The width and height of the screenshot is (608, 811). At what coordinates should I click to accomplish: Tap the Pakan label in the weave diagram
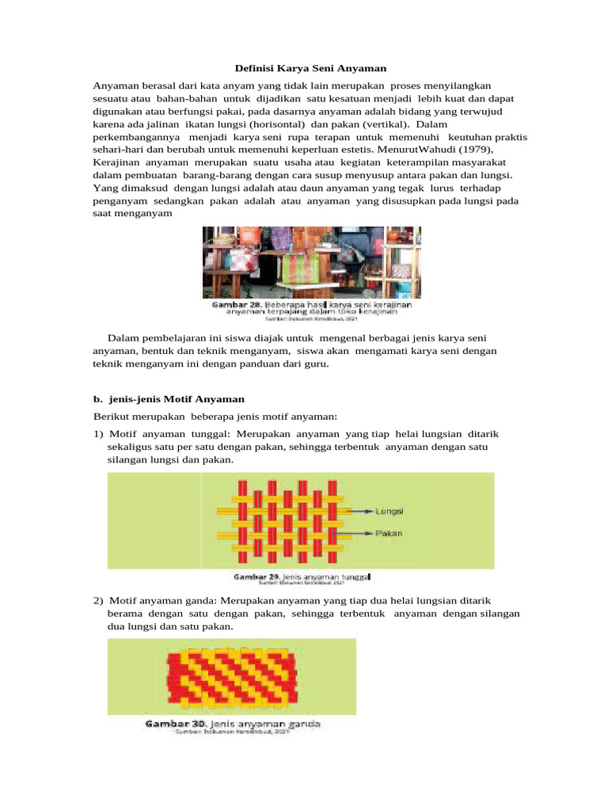(x=389, y=533)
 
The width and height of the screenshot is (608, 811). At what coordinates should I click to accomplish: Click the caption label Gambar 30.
(x=169, y=724)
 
